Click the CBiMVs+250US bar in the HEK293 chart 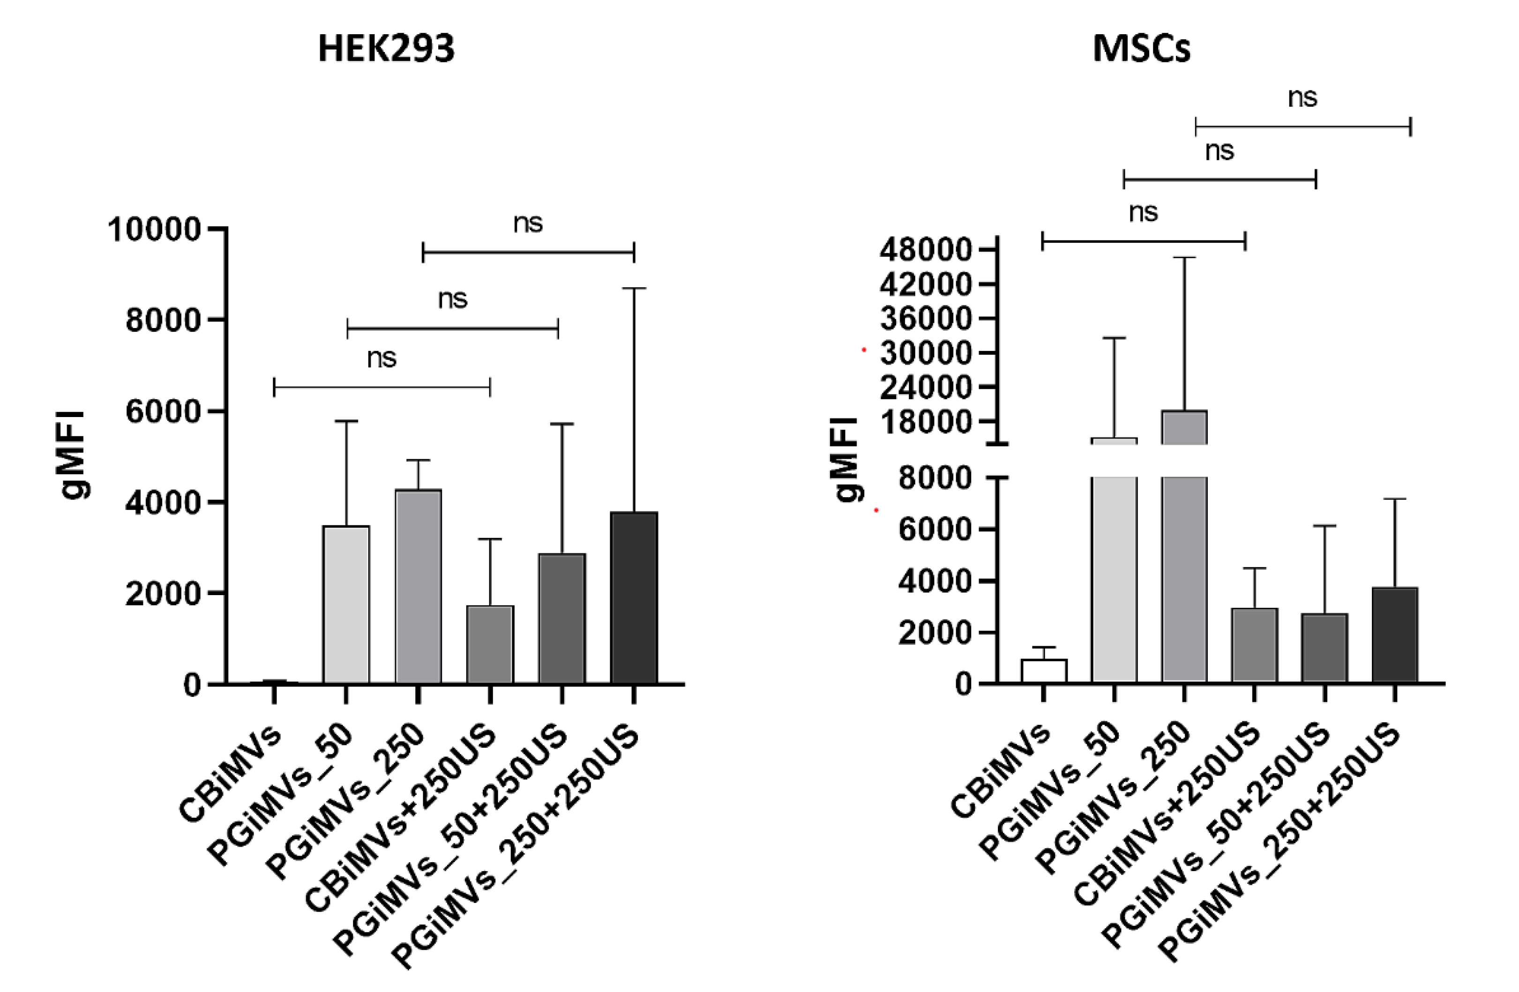click(x=490, y=644)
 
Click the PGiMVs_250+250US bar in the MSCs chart click(x=1394, y=635)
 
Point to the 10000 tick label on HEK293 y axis click(x=155, y=230)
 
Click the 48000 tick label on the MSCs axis click(x=926, y=250)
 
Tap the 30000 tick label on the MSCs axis click(x=926, y=353)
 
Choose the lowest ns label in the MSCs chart click(x=1143, y=212)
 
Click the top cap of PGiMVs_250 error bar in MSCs click(x=1184, y=258)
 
